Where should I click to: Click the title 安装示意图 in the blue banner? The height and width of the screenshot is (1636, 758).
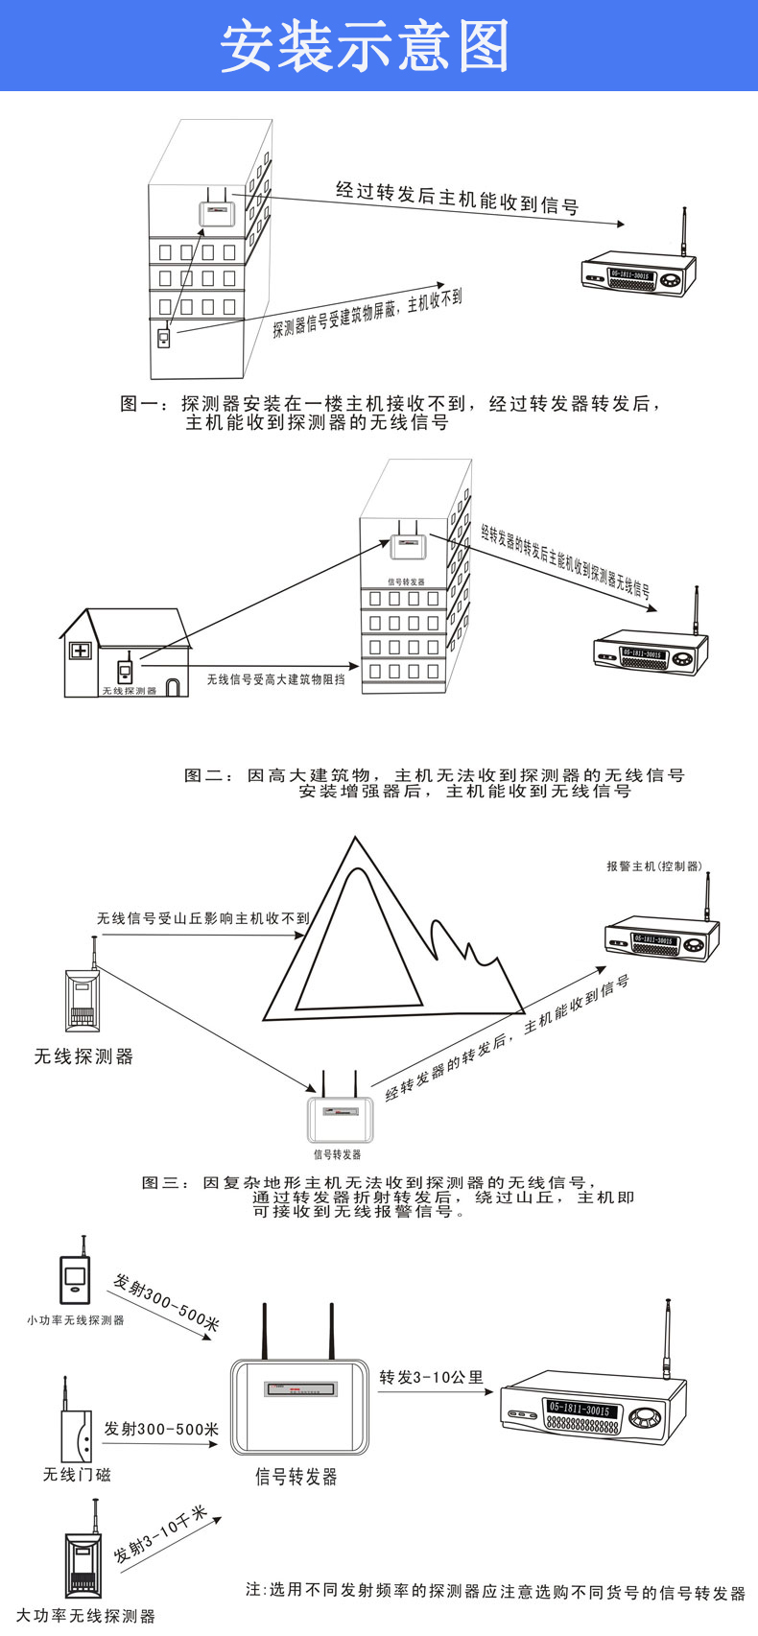(x=365, y=46)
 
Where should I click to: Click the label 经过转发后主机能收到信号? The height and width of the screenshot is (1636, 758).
(x=457, y=197)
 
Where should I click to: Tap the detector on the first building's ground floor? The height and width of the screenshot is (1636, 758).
(x=164, y=338)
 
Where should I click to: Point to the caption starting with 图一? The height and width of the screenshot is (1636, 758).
(x=390, y=413)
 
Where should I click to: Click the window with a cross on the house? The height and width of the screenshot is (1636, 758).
(x=80, y=651)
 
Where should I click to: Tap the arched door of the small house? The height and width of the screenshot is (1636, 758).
(x=173, y=687)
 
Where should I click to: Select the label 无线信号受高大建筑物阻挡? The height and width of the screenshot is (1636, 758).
(x=275, y=679)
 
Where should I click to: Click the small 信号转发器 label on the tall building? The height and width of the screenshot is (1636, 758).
(x=406, y=582)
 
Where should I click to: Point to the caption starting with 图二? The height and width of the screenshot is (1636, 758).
(x=434, y=783)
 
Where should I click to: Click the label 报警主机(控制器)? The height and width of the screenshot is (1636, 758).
(x=653, y=866)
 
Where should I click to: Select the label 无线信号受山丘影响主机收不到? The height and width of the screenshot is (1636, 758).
(x=202, y=918)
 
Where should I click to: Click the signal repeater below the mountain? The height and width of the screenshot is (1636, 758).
(x=339, y=1117)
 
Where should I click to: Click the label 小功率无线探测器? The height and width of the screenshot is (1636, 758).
(x=76, y=1320)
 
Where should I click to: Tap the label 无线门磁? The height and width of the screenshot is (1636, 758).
(x=77, y=1474)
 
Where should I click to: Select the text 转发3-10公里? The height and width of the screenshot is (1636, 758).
(x=431, y=1378)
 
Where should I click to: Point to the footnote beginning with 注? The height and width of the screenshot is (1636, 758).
(x=495, y=1591)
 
